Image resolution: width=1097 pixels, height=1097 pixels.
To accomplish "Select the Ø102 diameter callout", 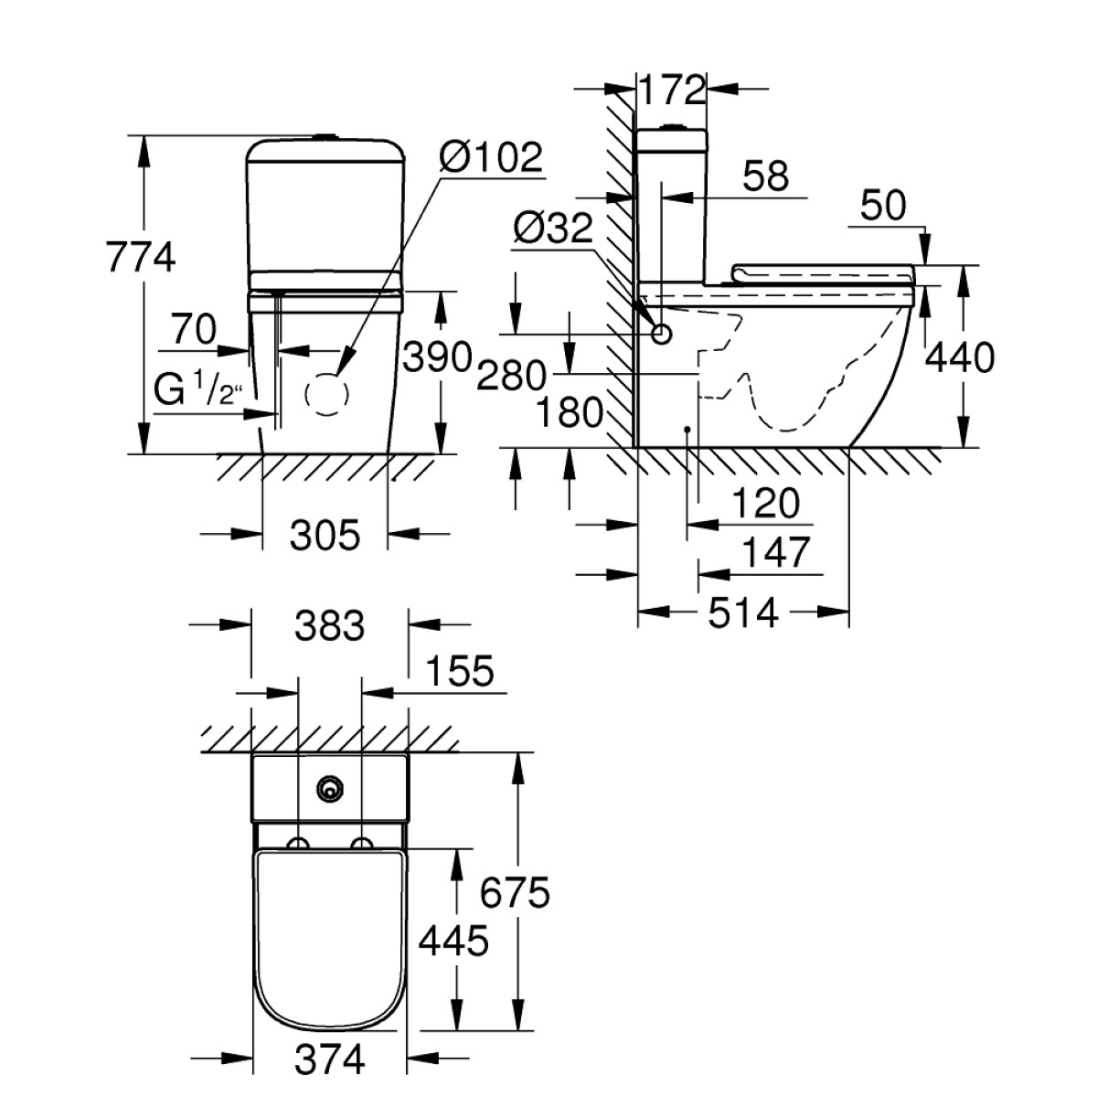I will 490,157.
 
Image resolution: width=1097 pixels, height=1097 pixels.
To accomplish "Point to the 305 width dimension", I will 325,535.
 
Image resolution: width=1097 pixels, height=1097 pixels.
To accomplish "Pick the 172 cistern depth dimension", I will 672,90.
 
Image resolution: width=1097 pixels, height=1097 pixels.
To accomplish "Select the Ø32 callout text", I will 553,229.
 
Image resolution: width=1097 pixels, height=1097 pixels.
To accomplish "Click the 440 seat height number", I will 959,358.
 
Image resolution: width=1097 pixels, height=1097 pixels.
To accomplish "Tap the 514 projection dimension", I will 744,612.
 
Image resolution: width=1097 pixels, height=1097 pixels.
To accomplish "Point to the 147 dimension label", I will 775,552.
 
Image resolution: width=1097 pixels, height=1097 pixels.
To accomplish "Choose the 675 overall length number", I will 516,892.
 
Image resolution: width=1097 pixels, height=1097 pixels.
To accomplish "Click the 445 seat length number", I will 453,941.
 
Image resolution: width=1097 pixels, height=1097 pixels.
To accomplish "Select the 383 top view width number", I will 329,626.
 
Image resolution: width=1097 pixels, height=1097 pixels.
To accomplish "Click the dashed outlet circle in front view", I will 326,396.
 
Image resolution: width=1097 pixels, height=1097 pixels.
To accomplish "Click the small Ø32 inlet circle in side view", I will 661,335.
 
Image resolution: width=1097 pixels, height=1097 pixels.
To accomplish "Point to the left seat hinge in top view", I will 298,843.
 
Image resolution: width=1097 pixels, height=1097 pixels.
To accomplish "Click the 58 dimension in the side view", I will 765,177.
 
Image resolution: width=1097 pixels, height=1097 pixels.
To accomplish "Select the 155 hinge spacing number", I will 458,671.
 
